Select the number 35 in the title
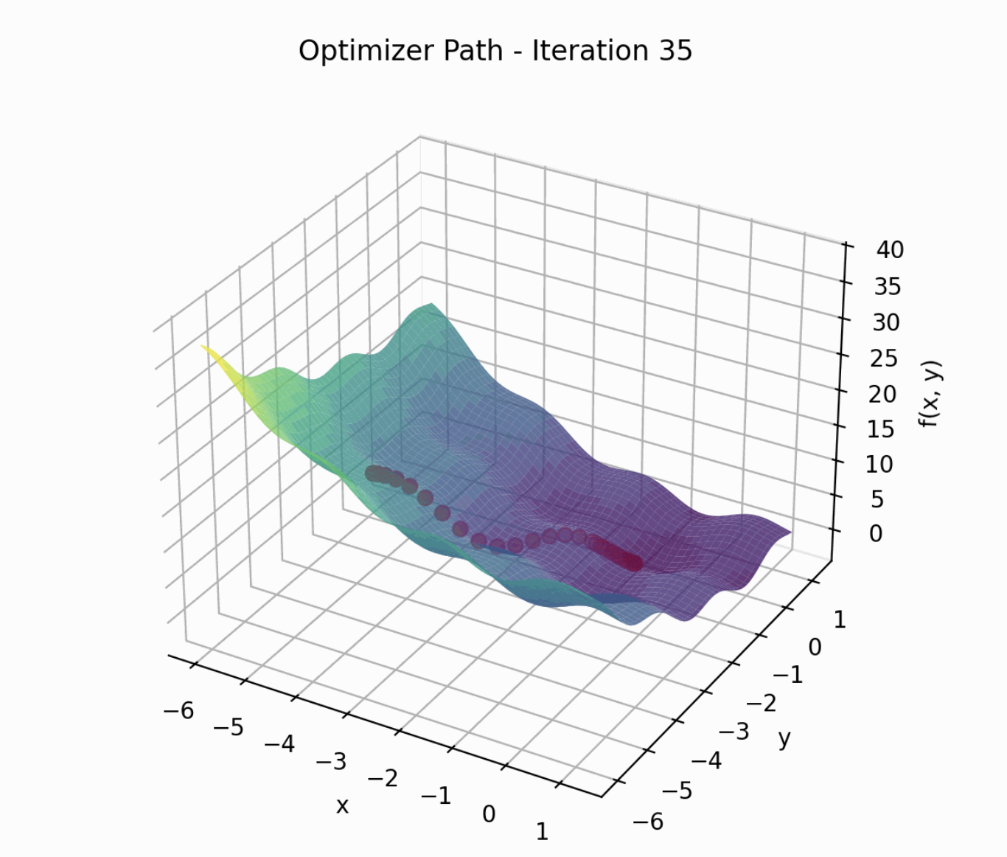672,51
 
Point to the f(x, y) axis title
930,395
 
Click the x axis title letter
342,805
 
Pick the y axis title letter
784,738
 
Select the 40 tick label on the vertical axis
890,249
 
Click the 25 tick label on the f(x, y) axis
884,358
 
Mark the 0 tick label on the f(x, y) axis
875,533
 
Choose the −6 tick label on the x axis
178,710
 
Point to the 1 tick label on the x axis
542,831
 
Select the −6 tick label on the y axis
648,820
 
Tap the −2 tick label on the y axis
761,703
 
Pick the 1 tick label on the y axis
839,620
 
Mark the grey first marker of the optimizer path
373,473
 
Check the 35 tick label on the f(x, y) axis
888,286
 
